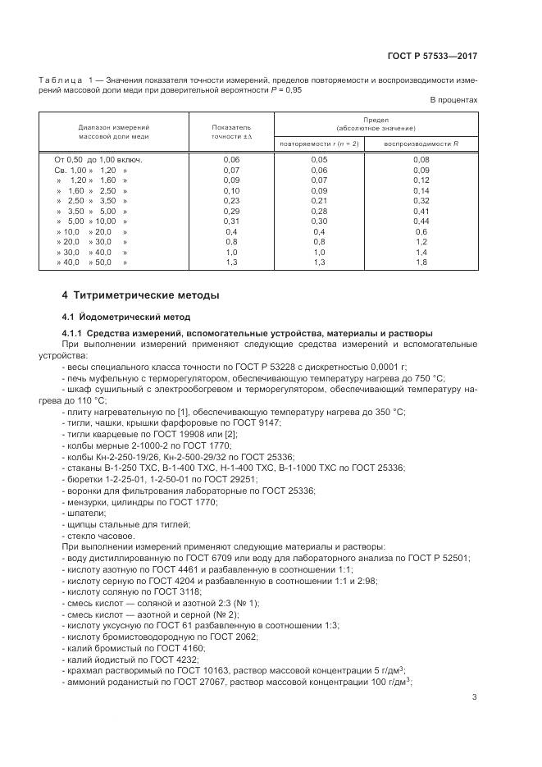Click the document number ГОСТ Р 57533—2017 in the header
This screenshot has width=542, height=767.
431,57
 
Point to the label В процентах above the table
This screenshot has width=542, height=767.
453,100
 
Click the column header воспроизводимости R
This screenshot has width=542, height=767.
421,144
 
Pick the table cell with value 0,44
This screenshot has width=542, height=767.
421,221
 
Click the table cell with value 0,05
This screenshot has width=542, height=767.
319,159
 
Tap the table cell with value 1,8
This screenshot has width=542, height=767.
421,263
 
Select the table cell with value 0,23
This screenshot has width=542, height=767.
231,201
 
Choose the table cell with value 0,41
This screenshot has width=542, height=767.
421,212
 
